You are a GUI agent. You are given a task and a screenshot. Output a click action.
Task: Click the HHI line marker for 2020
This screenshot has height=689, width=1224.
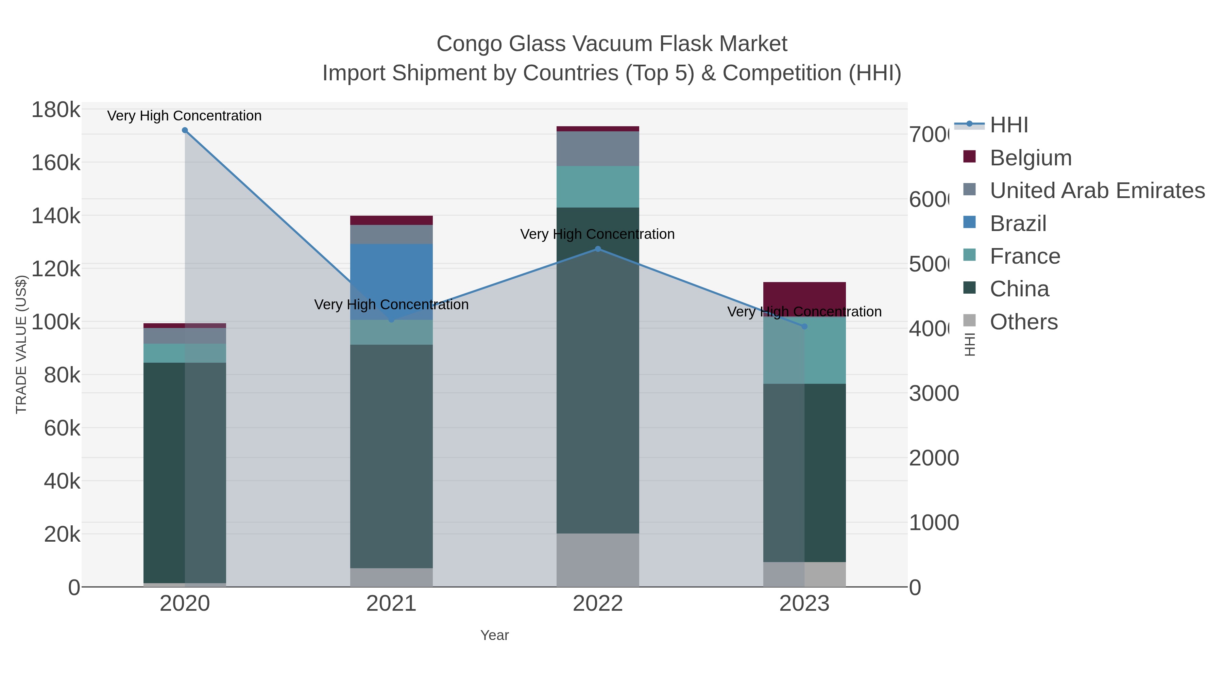(185, 130)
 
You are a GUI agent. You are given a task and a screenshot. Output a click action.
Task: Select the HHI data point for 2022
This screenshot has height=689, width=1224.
(598, 249)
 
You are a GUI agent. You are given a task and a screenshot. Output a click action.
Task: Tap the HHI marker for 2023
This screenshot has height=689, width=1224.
(804, 327)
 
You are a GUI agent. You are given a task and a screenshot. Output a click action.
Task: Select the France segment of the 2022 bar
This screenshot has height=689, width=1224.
(598, 187)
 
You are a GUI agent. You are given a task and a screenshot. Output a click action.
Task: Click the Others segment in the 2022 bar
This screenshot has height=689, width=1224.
(598, 560)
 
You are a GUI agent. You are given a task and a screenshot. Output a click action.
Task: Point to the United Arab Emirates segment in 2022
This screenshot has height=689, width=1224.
(598, 149)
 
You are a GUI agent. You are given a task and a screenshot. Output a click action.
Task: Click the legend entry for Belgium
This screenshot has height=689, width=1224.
(1030, 158)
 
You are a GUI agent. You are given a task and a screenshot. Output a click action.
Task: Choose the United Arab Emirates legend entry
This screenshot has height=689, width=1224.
(1096, 191)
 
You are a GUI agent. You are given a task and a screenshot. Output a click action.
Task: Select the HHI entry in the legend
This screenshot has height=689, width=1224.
(1008, 125)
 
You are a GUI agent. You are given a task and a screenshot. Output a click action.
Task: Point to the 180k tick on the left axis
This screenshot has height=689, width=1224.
(56, 110)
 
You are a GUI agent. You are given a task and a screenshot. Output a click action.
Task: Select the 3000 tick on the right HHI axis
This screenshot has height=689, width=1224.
(933, 394)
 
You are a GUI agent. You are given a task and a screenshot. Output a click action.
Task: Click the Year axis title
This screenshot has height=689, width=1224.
(494, 635)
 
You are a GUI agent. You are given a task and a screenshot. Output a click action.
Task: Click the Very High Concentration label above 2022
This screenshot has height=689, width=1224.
(597, 234)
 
